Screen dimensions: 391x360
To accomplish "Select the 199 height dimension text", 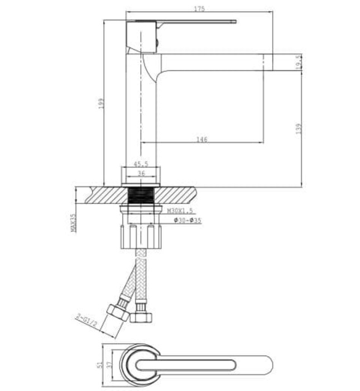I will pos(102,103).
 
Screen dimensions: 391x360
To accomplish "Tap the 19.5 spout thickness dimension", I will pos(299,61).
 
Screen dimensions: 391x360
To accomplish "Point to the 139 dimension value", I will pos(299,128).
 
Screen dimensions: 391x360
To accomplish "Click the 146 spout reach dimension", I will pos(202,139).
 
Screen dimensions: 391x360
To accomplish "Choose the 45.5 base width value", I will pos(141,164).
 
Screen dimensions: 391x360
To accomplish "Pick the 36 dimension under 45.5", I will pos(141,174).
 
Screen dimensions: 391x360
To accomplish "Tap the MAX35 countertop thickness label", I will pos(73,222).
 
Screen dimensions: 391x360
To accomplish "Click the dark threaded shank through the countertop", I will pos(141,196).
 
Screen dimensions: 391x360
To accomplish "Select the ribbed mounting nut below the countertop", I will pos(141,235).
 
